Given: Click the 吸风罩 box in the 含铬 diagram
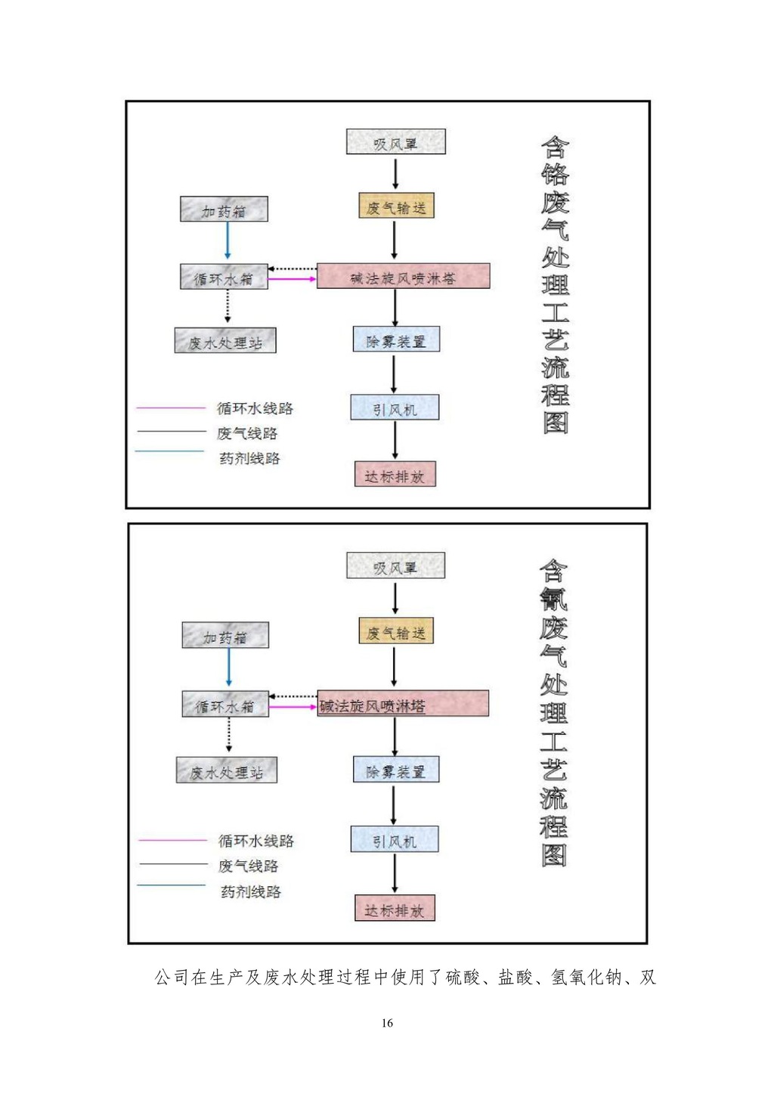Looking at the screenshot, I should [395, 142].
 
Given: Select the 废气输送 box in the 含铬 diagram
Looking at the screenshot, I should [396, 206].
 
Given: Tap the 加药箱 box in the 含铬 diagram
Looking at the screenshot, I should [224, 209].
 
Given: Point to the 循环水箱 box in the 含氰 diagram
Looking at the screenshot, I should [225, 705].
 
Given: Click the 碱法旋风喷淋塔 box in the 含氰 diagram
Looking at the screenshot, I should [403, 704].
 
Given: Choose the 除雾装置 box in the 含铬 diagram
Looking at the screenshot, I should [396, 339].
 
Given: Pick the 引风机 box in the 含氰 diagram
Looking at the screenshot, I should [395, 840].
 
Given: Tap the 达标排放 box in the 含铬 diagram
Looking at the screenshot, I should [395, 475].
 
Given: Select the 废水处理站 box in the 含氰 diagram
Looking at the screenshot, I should [227, 770].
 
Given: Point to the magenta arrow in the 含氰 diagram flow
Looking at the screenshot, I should [293, 707].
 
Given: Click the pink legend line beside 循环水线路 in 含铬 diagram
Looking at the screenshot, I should [171, 408].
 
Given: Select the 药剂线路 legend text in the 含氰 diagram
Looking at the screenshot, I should [250, 891].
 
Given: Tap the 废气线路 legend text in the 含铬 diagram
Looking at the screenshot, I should [247, 433].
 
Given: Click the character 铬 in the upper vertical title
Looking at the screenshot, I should [555, 173].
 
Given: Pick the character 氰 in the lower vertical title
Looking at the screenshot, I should [553, 598].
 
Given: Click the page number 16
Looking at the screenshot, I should [387, 1023].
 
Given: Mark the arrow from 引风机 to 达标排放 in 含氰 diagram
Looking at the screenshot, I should [395, 874].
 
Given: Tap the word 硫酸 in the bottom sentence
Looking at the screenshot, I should [463, 978].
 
